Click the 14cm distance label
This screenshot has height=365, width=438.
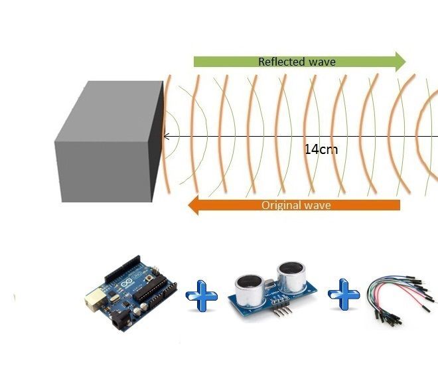[x=321, y=149]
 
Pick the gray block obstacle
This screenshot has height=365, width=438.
[x=110, y=143]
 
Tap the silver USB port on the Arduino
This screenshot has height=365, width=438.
[x=93, y=303]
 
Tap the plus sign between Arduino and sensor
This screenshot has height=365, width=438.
[x=201, y=296]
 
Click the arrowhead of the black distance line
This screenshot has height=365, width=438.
[x=166, y=136]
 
